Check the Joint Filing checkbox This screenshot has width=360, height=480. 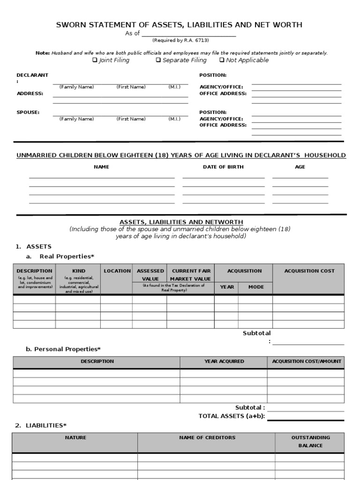pyautogui.click(x=95, y=60)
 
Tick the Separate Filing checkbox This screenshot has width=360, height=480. pyautogui.click(x=158, y=60)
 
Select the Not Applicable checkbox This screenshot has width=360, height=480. pyautogui.click(x=222, y=60)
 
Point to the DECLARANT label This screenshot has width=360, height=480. pyautogui.click(x=32, y=75)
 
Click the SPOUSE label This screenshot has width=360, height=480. pyautogui.click(x=28, y=112)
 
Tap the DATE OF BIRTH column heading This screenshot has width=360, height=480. pyautogui.click(x=223, y=167)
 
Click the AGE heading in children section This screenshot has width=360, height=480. pyautogui.click(x=300, y=167)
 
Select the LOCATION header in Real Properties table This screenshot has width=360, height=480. pyautogui.click(x=117, y=271)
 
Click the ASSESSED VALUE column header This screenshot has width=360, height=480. pyautogui.click(x=150, y=275)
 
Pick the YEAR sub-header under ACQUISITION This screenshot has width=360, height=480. pyautogui.click(x=227, y=287)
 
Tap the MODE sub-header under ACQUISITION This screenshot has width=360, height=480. pyautogui.click(x=256, y=287)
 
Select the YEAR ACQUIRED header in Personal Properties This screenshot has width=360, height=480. pyautogui.click(x=224, y=361)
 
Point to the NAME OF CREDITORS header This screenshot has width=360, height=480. pyautogui.click(x=207, y=437)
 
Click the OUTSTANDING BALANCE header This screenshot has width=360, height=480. pyautogui.click(x=310, y=441)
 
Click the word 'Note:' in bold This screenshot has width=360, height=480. pyautogui.click(x=43, y=53)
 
